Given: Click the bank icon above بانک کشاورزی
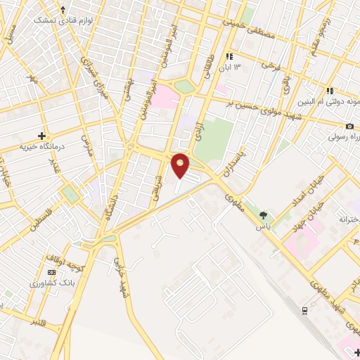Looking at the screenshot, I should [51, 272].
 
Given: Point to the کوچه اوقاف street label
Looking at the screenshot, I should [72, 264].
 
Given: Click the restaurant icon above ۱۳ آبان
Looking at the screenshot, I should [229, 57].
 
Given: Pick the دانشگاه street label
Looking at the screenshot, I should [110, 212].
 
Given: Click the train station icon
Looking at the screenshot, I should [304, 309].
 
